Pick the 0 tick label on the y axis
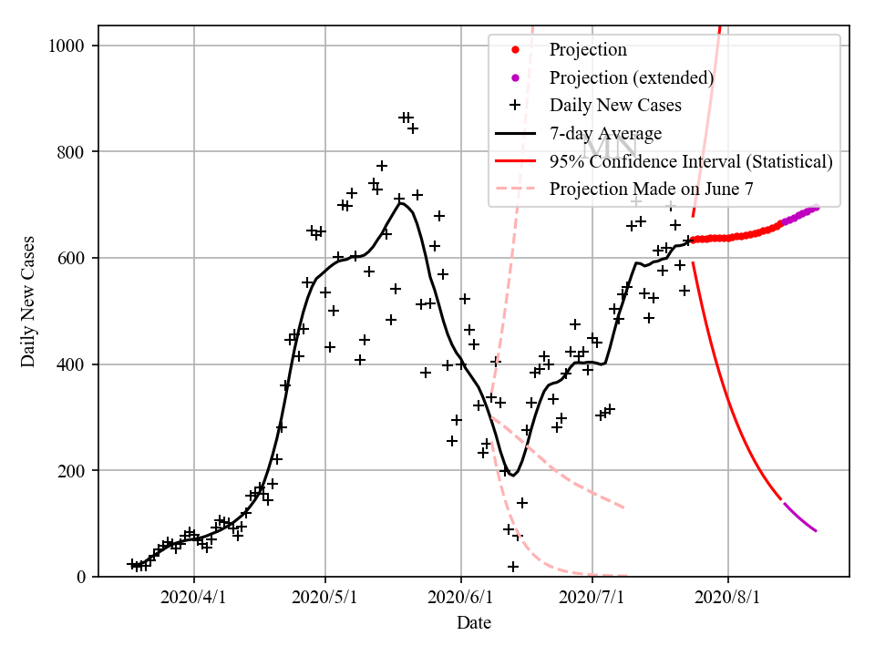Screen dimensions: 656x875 84,577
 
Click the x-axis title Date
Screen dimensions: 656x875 474,623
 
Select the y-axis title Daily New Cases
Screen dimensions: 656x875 29,302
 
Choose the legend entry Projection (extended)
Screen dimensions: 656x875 631,77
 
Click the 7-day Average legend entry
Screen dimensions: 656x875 605,133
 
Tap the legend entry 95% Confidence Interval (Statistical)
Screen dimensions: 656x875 691,161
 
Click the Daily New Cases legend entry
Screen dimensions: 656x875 615,105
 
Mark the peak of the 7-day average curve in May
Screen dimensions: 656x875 399,202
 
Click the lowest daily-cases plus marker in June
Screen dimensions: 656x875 513,567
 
